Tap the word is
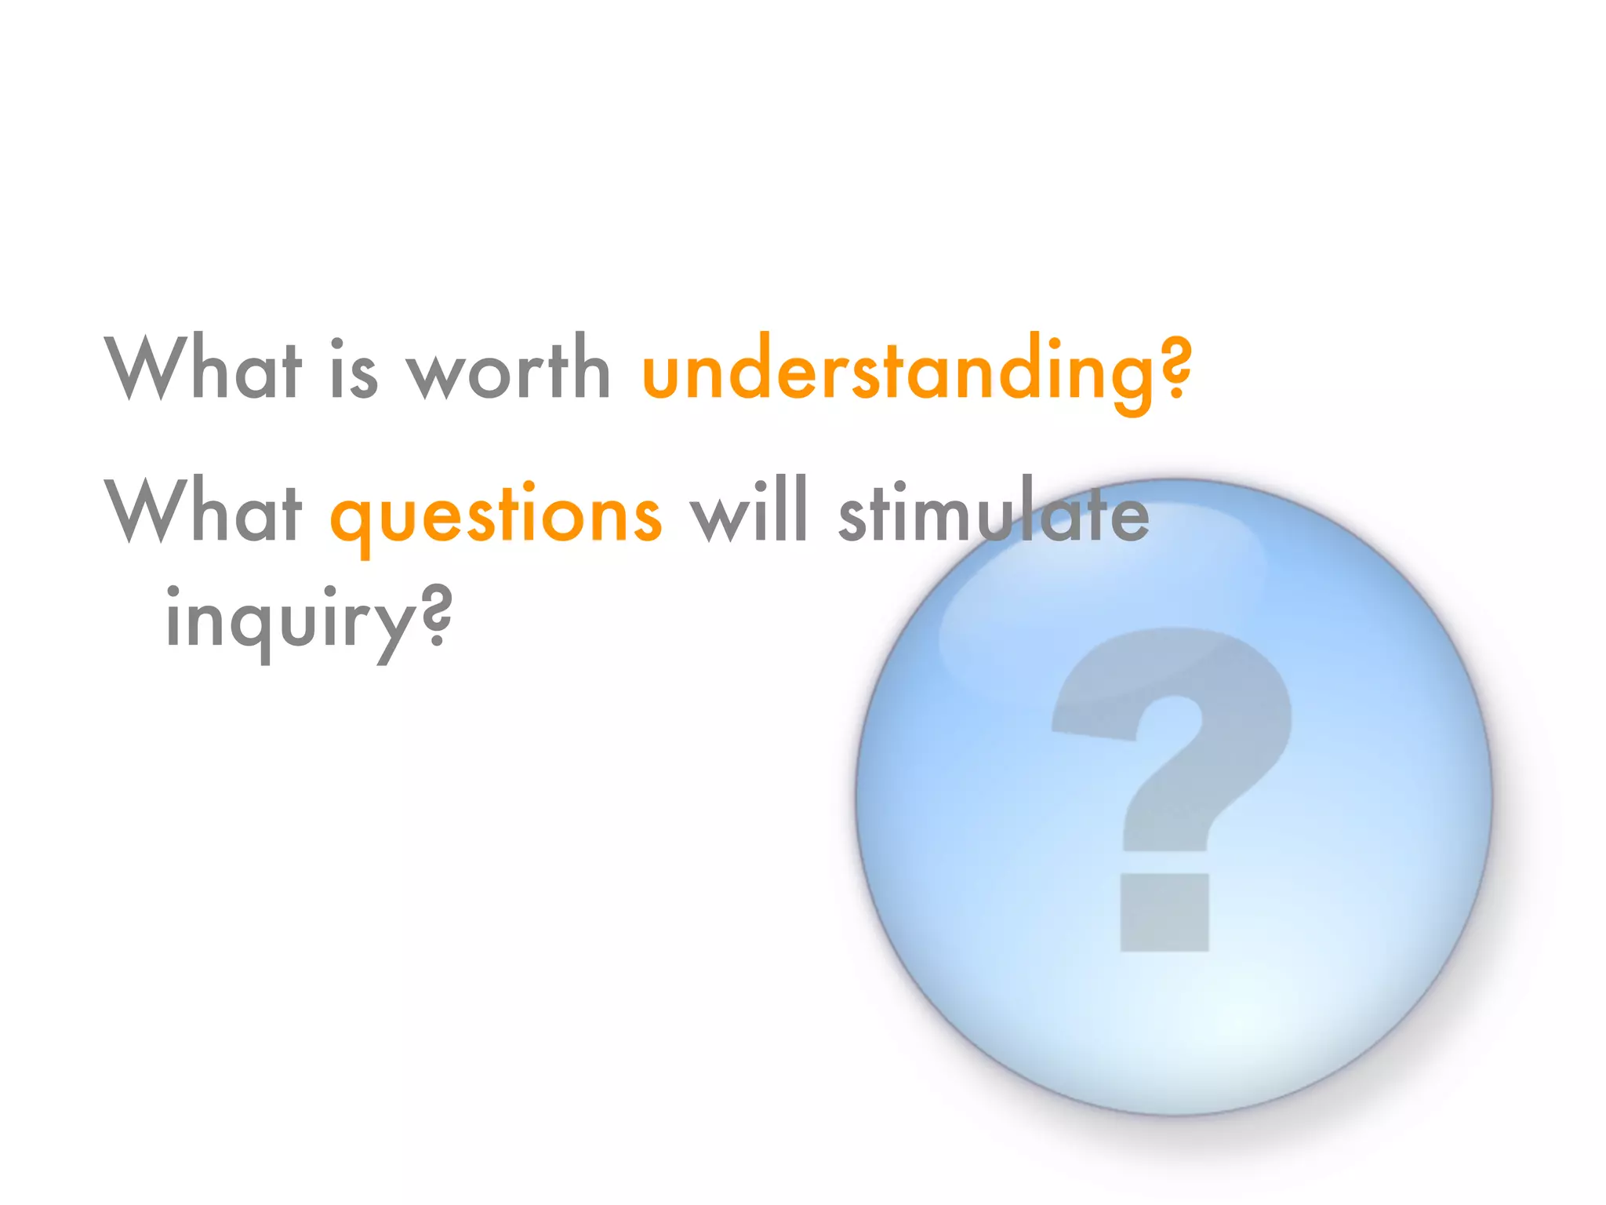point(354,369)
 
